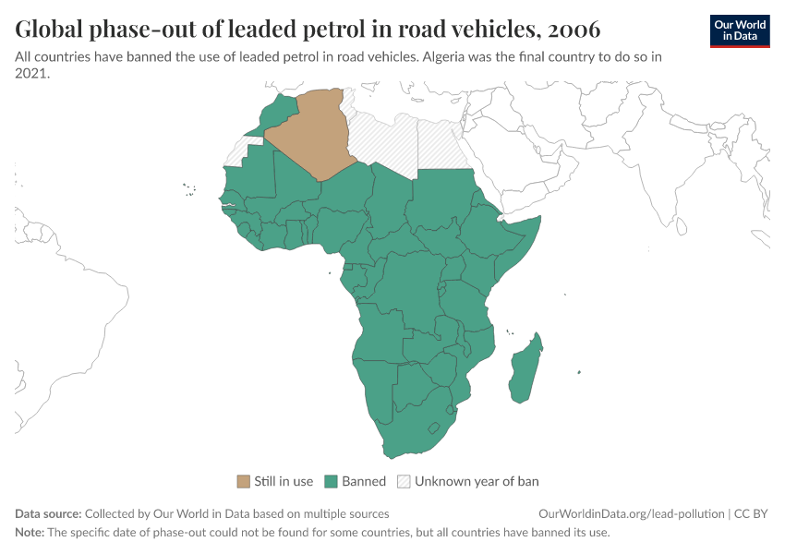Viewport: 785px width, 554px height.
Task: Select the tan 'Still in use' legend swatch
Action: coord(244,481)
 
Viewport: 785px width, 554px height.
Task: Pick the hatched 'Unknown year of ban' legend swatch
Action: coord(404,481)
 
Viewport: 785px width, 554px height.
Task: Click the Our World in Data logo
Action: coord(740,30)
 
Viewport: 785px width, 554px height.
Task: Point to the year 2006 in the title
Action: coord(574,30)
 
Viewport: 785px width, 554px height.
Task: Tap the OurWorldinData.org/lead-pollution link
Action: coord(632,513)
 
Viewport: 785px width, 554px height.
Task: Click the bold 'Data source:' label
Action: coord(48,513)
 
